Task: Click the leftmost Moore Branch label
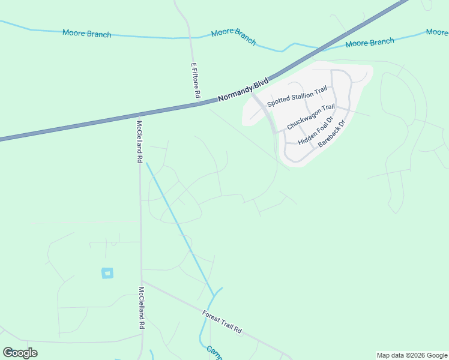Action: [86, 34]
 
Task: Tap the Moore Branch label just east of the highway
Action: [370, 43]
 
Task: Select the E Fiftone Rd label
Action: [195, 80]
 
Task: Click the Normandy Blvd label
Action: [243, 89]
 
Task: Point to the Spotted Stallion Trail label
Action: [297, 96]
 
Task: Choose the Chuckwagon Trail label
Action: [310, 117]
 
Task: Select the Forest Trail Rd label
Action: [221, 322]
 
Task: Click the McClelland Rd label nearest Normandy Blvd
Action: [139, 142]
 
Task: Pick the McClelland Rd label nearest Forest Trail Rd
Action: [142, 307]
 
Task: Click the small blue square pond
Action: [107, 273]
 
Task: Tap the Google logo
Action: [20, 353]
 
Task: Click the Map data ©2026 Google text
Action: [412, 355]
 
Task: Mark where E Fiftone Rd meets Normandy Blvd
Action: [199, 104]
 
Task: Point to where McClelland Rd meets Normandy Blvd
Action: [139, 115]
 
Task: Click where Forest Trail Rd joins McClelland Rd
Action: [142, 281]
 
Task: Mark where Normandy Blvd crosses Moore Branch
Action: [312, 53]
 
